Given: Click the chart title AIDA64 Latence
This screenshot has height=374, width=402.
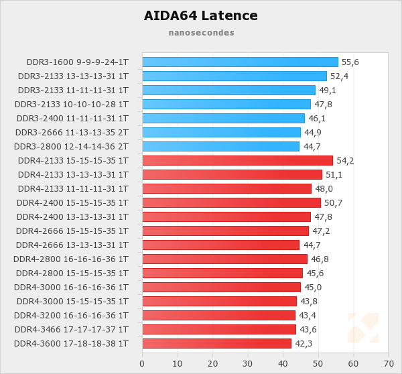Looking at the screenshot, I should point(201,15).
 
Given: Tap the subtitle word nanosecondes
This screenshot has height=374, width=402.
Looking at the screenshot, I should point(201,32).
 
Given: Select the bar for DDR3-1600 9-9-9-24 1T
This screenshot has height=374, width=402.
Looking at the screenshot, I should point(240,62).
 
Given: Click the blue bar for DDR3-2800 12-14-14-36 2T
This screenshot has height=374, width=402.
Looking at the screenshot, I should point(220,146).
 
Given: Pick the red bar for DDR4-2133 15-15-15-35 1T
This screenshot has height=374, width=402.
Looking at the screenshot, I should point(237,160).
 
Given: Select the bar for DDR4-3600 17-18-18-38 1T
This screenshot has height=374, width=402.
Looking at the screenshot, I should point(216,343).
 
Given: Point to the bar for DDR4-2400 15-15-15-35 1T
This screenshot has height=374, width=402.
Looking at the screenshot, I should point(231,202).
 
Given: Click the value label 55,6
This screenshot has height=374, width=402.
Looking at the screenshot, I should point(350,62).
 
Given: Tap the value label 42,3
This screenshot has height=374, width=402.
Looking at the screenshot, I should point(304,344).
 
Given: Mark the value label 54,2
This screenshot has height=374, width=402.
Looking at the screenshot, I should point(345,161).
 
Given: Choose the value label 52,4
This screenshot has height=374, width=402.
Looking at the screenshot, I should point(339,76).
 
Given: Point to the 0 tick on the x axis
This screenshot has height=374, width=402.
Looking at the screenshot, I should point(142,363).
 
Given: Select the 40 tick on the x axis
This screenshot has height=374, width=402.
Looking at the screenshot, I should point(283,363).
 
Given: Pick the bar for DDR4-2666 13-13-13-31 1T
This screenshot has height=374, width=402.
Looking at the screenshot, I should point(220,245).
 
